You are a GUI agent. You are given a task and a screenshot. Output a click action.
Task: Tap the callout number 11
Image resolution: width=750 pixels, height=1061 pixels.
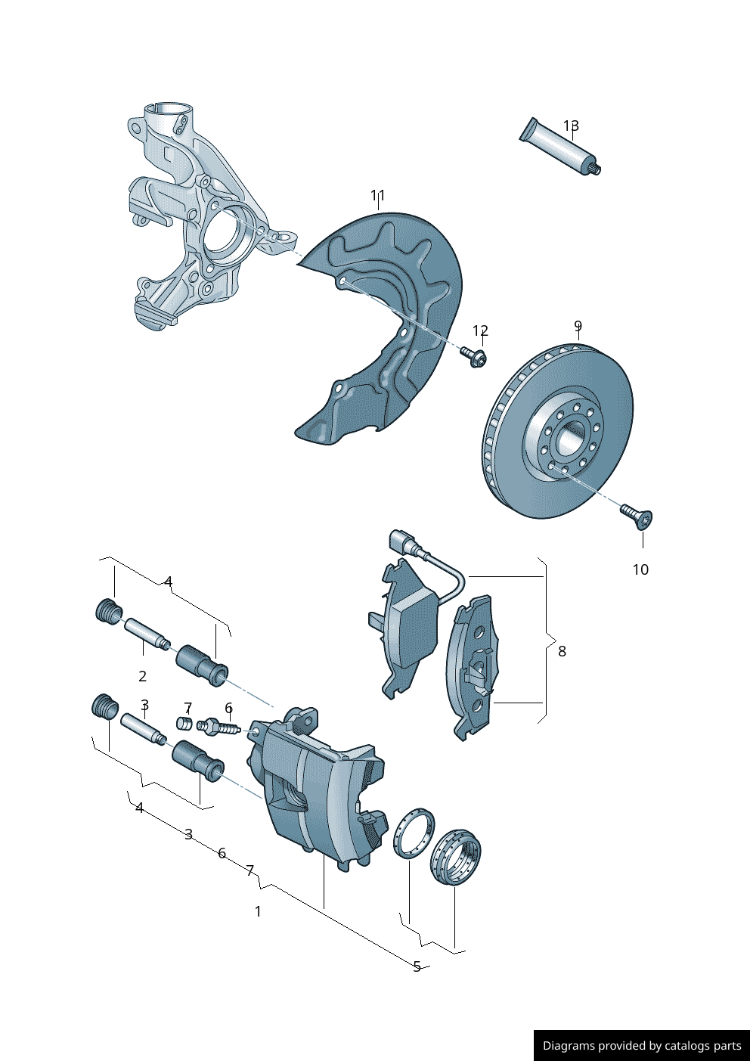(378, 196)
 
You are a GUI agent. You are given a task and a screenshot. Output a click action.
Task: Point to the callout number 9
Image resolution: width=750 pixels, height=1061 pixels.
(578, 327)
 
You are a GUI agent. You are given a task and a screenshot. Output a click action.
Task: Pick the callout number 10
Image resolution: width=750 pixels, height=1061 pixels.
(640, 569)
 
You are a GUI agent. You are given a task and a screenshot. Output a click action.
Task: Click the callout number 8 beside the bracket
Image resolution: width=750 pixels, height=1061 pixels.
(562, 650)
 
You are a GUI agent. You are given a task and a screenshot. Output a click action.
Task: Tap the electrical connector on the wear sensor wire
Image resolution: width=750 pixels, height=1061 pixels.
(402, 541)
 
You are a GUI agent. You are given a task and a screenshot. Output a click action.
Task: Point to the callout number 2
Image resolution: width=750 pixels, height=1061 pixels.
(142, 676)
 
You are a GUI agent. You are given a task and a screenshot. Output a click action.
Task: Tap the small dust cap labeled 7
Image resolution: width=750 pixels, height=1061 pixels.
(184, 723)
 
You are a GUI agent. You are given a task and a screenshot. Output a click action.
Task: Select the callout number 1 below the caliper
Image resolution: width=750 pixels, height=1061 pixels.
(258, 911)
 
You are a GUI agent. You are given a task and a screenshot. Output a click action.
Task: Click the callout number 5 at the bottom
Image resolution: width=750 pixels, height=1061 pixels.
(417, 966)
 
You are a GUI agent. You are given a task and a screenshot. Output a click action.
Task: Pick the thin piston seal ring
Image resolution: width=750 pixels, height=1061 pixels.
(414, 833)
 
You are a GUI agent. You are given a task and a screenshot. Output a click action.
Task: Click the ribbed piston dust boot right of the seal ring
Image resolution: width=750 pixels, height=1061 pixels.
(456, 858)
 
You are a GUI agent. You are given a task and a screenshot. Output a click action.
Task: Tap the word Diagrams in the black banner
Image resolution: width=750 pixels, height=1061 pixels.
(568, 1046)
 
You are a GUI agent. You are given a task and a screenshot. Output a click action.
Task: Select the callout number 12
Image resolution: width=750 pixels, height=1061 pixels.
(480, 330)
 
